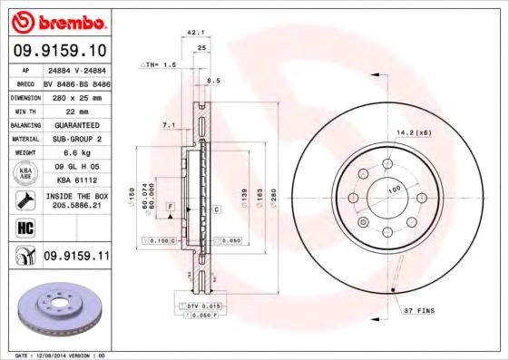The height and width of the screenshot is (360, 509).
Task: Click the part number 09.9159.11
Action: tap(76, 257)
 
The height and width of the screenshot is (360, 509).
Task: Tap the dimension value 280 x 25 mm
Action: tap(75, 95)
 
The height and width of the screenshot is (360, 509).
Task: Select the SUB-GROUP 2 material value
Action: tap(75, 138)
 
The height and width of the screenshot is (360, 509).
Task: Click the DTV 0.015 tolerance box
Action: tap(203, 308)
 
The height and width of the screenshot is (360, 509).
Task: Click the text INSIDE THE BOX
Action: tap(76, 195)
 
